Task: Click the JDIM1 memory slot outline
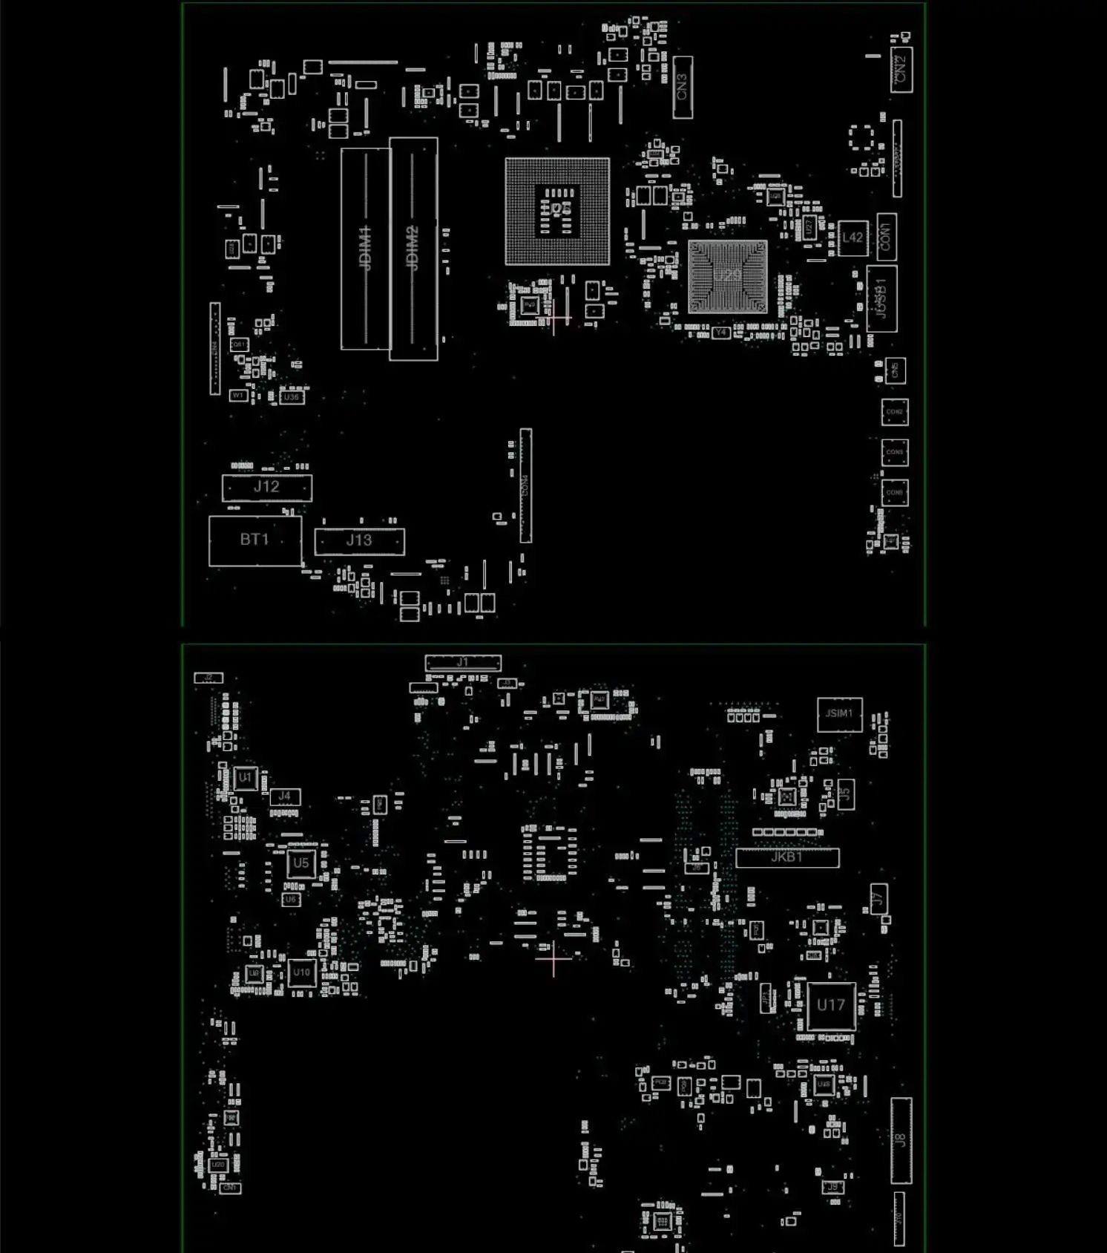coord(365,248)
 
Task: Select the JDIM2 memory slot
coord(413,248)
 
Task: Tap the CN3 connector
coord(683,87)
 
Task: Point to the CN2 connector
coord(901,70)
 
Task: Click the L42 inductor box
coord(853,238)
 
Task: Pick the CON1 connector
coord(886,237)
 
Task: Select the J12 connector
coord(267,487)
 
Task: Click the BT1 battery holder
coord(255,540)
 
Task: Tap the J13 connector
coord(359,541)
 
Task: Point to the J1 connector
coord(462,662)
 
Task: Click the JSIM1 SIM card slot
coord(839,714)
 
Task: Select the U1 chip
coord(246,778)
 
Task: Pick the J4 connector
coord(285,796)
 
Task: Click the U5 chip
coord(300,863)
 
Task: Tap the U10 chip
coord(301,972)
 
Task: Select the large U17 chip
coord(831,1005)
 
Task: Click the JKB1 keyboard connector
coord(787,857)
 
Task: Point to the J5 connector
coord(844,794)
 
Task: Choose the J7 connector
coord(878,899)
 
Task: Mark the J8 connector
coord(901,1140)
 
